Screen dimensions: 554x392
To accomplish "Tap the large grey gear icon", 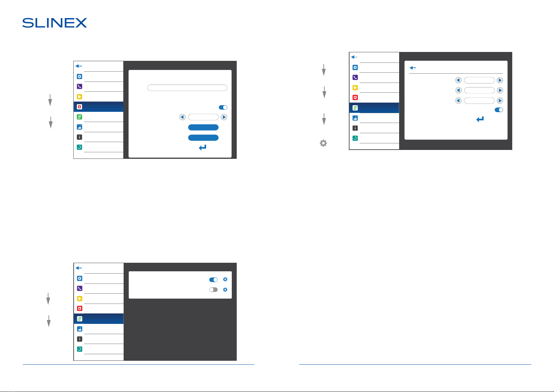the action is pos(323,143).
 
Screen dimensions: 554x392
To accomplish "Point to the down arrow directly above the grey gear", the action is pos(324,119).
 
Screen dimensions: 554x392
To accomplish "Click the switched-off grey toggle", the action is pos(213,290).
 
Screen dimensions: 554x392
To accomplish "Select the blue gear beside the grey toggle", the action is pos(225,290).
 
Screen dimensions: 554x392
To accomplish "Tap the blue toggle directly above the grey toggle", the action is pos(213,280).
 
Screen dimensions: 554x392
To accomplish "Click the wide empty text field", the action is pos(187,88).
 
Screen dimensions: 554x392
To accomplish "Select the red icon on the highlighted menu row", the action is pos(79,107).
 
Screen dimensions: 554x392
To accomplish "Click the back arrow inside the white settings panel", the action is pos(413,68).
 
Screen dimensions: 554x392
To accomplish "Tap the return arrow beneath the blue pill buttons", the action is pos(203,148).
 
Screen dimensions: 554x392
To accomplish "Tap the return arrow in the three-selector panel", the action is pos(480,119).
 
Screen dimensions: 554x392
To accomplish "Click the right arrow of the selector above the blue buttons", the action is pos(224,117).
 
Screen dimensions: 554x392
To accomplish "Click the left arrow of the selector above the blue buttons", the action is pos(182,117).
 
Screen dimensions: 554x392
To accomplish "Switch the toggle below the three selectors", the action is pos(499,110).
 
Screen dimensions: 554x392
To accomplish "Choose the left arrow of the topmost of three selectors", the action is pos(458,80).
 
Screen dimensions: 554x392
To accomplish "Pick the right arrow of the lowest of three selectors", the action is pos(500,101).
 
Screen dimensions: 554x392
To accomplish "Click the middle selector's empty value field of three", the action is pos(479,90).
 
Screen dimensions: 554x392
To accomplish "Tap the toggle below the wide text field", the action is pos(223,107).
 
